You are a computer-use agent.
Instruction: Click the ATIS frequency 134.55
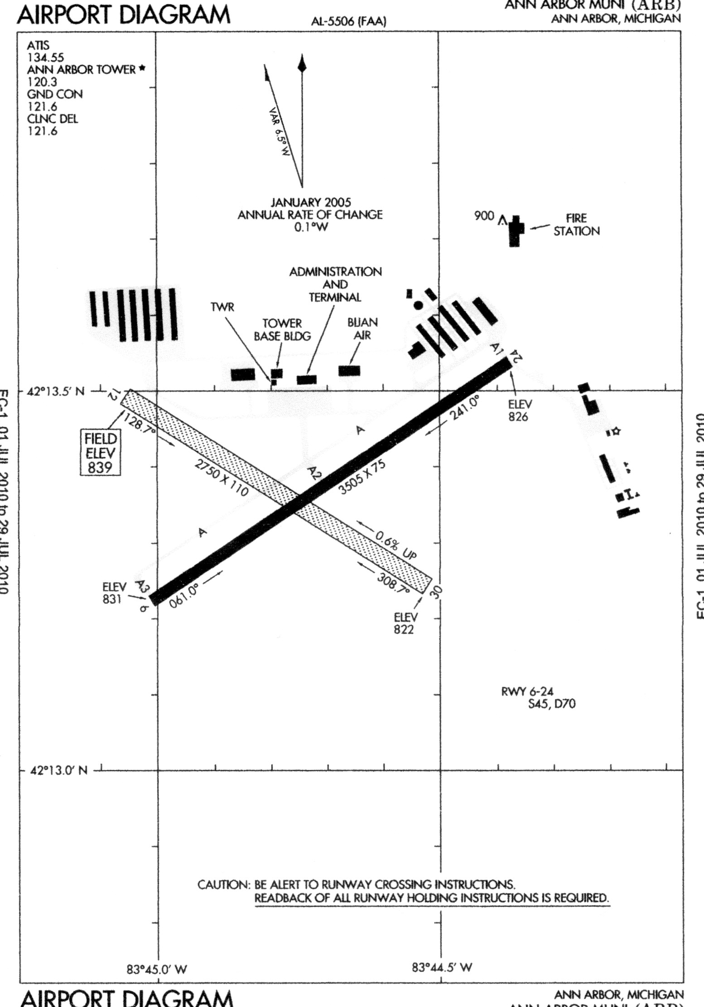click(45, 58)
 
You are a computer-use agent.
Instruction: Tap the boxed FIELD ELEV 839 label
click(100, 453)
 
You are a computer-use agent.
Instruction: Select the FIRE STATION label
click(576, 225)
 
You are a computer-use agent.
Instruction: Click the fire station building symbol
click(515, 231)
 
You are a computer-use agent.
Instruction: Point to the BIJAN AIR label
click(362, 329)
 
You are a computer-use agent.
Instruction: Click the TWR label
click(222, 308)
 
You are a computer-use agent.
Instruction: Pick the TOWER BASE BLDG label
click(282, 330)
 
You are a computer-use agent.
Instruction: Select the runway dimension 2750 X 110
click(221, 477)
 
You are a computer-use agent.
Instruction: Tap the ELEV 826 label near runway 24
click(518, 410)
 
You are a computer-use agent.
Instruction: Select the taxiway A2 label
click(313, 473)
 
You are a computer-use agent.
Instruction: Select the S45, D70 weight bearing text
click(552, 717)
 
